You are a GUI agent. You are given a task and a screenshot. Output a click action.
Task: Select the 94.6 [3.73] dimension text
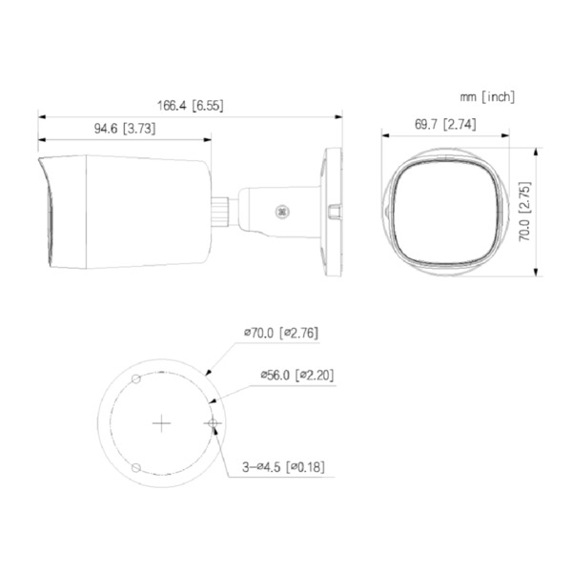pos(125,128)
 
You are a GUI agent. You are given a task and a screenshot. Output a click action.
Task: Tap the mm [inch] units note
pos(486,96)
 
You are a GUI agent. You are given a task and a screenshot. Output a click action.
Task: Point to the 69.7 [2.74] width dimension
pos(445,124)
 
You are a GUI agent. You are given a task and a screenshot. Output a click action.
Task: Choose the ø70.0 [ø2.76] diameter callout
pos(280,333)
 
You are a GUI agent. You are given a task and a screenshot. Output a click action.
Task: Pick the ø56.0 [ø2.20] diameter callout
pos(296,375)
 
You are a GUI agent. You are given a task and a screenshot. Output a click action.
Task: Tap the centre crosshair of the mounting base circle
pos(163,421)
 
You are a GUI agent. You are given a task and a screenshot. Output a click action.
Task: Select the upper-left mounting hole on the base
pos(136,379)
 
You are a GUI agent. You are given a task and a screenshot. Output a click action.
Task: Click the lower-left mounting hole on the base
pos(136,466)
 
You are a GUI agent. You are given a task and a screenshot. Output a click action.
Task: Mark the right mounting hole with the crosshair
pos(213,421)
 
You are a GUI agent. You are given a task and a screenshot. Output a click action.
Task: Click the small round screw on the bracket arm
pos(281,212)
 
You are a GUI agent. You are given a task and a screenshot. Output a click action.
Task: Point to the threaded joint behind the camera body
pos(221,209)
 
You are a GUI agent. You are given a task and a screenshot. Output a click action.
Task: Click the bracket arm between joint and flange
pos(276,211)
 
